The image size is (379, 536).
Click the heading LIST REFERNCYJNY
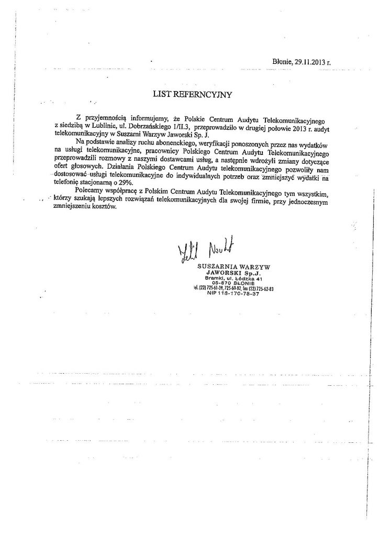[191, 95]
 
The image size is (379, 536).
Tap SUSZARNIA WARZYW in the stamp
[233, 267]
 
